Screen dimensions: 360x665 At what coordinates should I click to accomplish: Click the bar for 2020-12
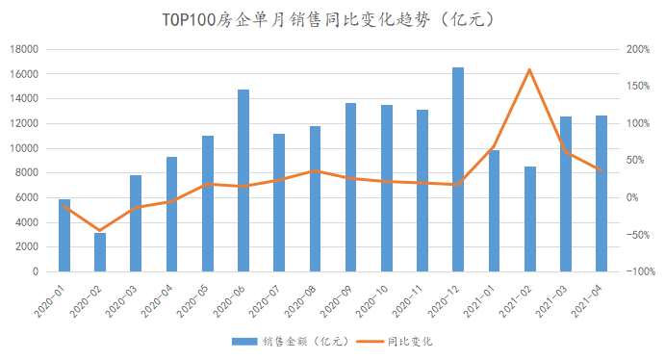pyautogui.click(x=458, y=169)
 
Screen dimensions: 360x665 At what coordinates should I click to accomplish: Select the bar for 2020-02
pyautogui.click(x=100, y=252)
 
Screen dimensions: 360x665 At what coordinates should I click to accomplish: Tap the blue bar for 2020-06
pyautogui.click(x=243, y=180)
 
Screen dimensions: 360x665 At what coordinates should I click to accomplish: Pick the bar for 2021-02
pyautogui.click(x=530, y=219)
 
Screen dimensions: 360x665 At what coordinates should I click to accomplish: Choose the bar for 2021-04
pyautogui.click(x=601, y=193)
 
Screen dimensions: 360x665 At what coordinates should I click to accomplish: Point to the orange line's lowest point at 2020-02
pyautogui.click(x=100, y=231)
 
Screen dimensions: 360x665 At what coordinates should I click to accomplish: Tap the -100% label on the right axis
pyautogui.click(x=638, y=271)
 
